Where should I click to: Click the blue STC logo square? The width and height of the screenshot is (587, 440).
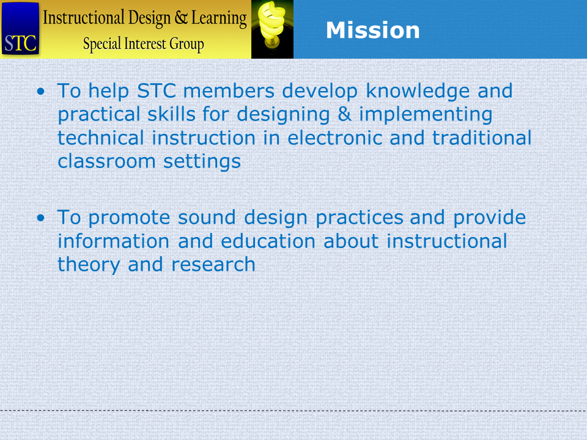click(20, 29)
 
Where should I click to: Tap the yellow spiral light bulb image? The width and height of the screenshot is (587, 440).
click(272, 29)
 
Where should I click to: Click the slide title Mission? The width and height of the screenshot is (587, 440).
click(372, 30)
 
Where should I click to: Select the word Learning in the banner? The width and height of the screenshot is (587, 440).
click(219, 18)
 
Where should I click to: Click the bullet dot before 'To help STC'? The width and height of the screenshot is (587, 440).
click(41, 91)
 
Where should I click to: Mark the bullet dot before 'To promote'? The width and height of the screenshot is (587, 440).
click(41, 218)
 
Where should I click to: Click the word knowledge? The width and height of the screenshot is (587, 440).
click(418, 92)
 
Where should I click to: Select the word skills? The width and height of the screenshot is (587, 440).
click(171, 114)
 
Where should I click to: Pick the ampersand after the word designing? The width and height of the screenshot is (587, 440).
click(344, 114)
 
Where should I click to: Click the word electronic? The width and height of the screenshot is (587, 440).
click(334, 137)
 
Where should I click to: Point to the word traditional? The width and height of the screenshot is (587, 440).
click(482, 137)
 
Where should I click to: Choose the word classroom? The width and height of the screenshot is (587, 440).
click(106, 161)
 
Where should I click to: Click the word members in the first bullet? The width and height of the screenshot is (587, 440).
click(229, 91)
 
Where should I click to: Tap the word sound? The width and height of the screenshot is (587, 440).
click(207, 218)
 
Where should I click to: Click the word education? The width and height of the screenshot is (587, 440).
click(268, 241)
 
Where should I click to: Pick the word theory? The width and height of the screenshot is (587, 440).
click(89, 265)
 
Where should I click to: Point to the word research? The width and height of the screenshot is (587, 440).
click(213, 265)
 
